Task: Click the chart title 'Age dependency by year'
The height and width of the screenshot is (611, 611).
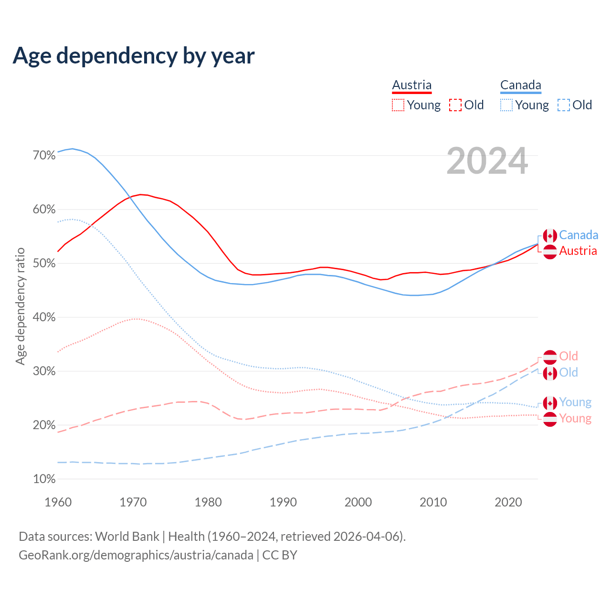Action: coord(134,56)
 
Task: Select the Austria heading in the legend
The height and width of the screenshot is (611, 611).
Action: coord(411,85)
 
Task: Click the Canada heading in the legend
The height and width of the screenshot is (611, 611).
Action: coord(520,85)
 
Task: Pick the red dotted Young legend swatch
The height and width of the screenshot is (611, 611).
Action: coord(398,105)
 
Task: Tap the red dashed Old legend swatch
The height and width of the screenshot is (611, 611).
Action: coord(455,105)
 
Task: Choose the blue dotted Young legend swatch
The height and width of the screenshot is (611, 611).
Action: coord(506,105)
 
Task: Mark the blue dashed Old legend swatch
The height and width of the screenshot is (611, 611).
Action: coord(564,105)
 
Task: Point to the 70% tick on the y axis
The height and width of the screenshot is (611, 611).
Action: coord(44,156)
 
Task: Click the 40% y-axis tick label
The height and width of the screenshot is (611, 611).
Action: coord(44,317)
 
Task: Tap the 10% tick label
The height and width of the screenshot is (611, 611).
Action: coord(44,479)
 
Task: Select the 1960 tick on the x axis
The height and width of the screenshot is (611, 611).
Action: coord(58,502)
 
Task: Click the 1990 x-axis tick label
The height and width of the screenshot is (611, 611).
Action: coord(283,502)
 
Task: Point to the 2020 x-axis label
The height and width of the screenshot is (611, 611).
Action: coord(508,502)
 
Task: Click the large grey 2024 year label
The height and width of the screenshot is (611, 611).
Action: coord(487,161)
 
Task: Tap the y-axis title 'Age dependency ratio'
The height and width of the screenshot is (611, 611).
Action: coord(20,306)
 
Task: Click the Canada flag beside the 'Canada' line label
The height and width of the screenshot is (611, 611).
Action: coord(550,236)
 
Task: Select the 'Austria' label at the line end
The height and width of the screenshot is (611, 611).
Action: coord(578,251)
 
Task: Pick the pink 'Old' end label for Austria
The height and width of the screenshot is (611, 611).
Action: coord(568,356)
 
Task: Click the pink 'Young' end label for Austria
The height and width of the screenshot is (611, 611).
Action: coord(575,419)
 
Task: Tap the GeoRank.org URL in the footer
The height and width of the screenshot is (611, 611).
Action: coord(136,555)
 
